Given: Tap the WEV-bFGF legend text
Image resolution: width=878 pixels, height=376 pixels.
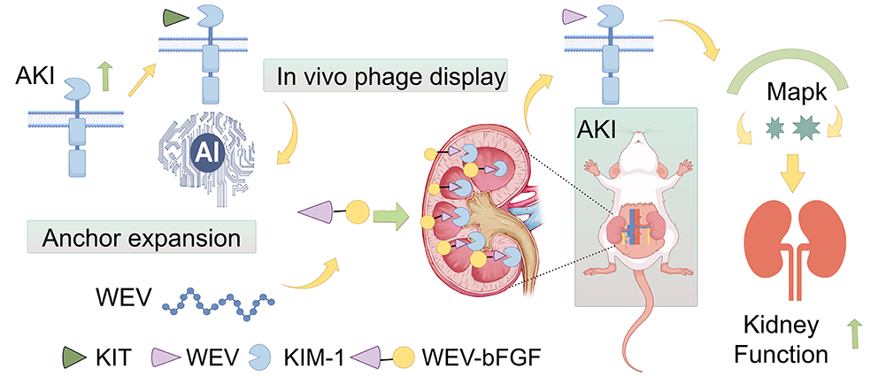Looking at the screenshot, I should click(x=468, y=357).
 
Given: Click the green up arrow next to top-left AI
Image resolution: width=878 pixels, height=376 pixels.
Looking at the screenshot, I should click(x=105, y=78).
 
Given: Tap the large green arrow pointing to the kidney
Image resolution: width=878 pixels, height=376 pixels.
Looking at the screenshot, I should click(x=390, y=213).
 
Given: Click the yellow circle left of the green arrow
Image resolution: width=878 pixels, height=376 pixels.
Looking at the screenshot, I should click(x=356, y=213).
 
